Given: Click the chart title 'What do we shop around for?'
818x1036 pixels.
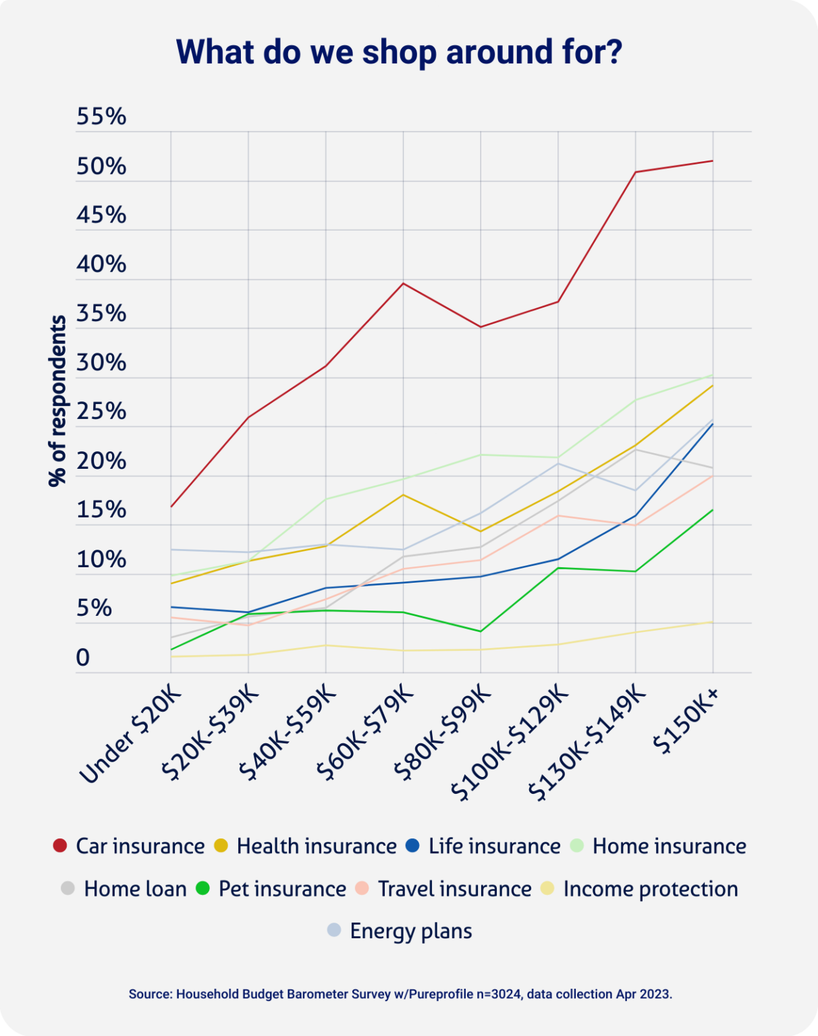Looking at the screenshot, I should point(399,52).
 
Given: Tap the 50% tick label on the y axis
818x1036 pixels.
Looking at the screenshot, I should point(101,166).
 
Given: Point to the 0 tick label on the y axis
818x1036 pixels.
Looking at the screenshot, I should point(82,658).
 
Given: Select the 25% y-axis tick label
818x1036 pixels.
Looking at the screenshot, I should point(101,411).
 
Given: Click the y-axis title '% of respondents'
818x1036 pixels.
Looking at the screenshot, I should point(58,401).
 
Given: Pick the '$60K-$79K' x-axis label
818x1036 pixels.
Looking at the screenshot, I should point(366,732).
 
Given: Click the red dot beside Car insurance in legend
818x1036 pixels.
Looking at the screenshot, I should point(60,846).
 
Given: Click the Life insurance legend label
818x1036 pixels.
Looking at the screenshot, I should point(494,846).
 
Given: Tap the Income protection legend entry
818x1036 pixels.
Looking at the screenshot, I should point(650,889).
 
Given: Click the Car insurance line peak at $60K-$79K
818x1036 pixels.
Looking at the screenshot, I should point(403,283).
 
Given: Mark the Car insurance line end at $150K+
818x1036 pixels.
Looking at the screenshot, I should point(713,161).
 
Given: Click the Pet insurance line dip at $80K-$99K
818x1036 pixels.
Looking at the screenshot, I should point(481,631).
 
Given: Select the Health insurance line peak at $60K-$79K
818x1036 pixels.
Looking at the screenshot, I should point(403,494).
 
